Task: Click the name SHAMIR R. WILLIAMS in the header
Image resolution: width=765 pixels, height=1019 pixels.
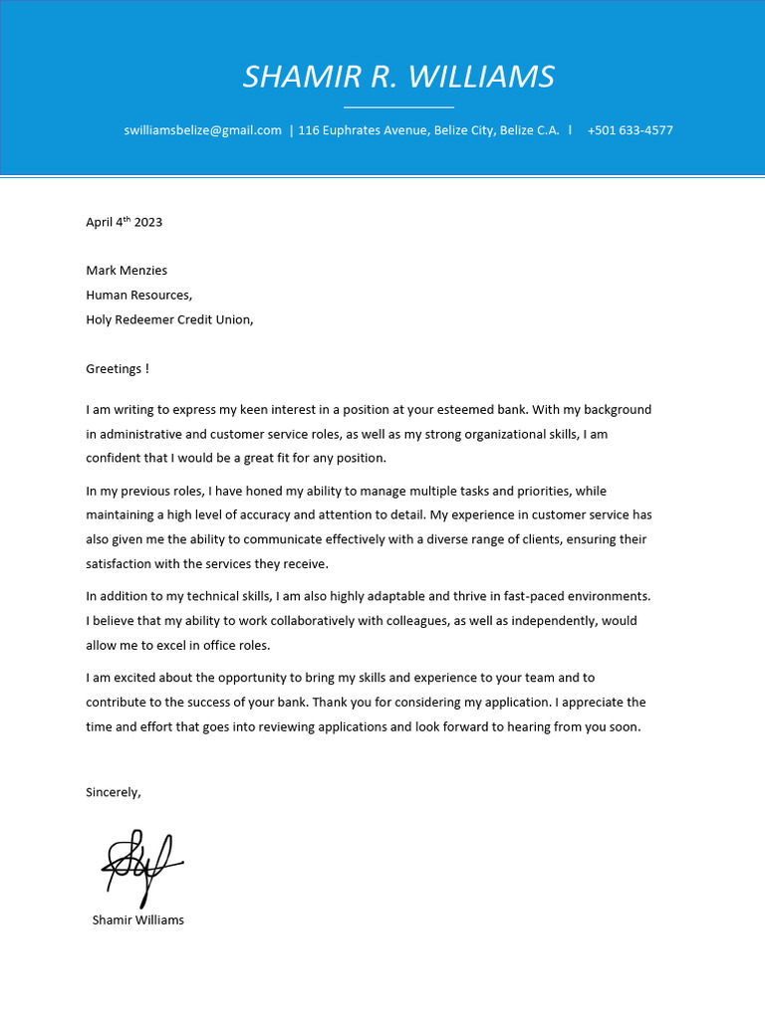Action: point(398,77)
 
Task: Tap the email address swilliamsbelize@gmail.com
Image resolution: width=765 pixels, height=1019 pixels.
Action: point(203,130)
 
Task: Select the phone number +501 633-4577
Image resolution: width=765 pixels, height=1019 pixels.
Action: point(630,130)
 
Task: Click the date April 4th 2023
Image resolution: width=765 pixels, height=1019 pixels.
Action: point(124,222)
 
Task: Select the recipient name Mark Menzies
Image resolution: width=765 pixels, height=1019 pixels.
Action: point(127,271)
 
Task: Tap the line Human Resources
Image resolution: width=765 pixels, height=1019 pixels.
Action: point(138,295)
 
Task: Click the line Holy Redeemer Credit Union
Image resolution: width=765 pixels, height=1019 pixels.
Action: point(169,319)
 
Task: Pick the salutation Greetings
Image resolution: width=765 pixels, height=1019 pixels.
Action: point(116,369)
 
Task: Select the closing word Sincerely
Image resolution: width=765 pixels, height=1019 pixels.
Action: point(114,792)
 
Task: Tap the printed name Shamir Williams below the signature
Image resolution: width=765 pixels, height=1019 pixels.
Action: point(138,920)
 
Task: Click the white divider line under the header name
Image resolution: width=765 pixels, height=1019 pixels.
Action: point(398,105)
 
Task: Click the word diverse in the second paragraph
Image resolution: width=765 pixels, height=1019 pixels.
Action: point(466,539)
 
